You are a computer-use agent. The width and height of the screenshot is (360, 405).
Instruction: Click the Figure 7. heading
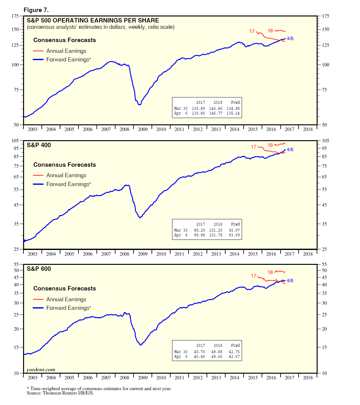tap(36, 10)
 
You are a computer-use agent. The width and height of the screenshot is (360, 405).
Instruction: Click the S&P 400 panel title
tap(39, 145)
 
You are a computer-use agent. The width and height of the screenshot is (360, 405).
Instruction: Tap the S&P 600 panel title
tap(39, 269)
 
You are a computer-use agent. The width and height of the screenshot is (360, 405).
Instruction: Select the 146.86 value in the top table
tap(215, 109)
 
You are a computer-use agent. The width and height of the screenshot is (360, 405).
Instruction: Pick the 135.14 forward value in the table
tap(233, 113)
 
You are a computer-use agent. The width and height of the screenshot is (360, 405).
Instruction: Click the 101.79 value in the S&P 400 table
tap(215, 235)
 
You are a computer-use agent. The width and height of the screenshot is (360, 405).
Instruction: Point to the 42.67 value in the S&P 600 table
tap(234, 357)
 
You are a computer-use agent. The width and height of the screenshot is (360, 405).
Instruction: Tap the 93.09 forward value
tap(234, 235)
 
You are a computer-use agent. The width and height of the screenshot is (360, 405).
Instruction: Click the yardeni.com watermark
tap(41, 370)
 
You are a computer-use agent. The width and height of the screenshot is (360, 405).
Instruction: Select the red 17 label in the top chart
tap(252, 31)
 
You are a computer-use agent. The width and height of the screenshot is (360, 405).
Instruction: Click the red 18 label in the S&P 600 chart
tap(270, 272)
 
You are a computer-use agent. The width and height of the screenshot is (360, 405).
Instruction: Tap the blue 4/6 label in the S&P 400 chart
tap(290, 150)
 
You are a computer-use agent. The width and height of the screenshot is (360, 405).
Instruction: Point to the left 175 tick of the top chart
tap(15, 16)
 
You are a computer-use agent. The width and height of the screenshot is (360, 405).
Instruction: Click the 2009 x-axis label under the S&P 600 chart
tap(143, 377)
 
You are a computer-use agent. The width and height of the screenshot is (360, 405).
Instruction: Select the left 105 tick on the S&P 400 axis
tap(15, 140)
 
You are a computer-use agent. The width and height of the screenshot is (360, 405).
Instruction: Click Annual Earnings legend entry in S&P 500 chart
tap(66, 51)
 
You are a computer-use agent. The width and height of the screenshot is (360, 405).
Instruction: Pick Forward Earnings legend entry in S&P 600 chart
tap(68, 308)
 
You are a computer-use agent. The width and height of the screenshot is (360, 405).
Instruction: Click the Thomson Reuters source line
tap(60, 393)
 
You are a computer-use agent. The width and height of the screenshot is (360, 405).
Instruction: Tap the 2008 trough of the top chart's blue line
tap(140, 104)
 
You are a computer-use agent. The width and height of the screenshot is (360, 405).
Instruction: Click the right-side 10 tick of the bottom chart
tap(324, 373)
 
